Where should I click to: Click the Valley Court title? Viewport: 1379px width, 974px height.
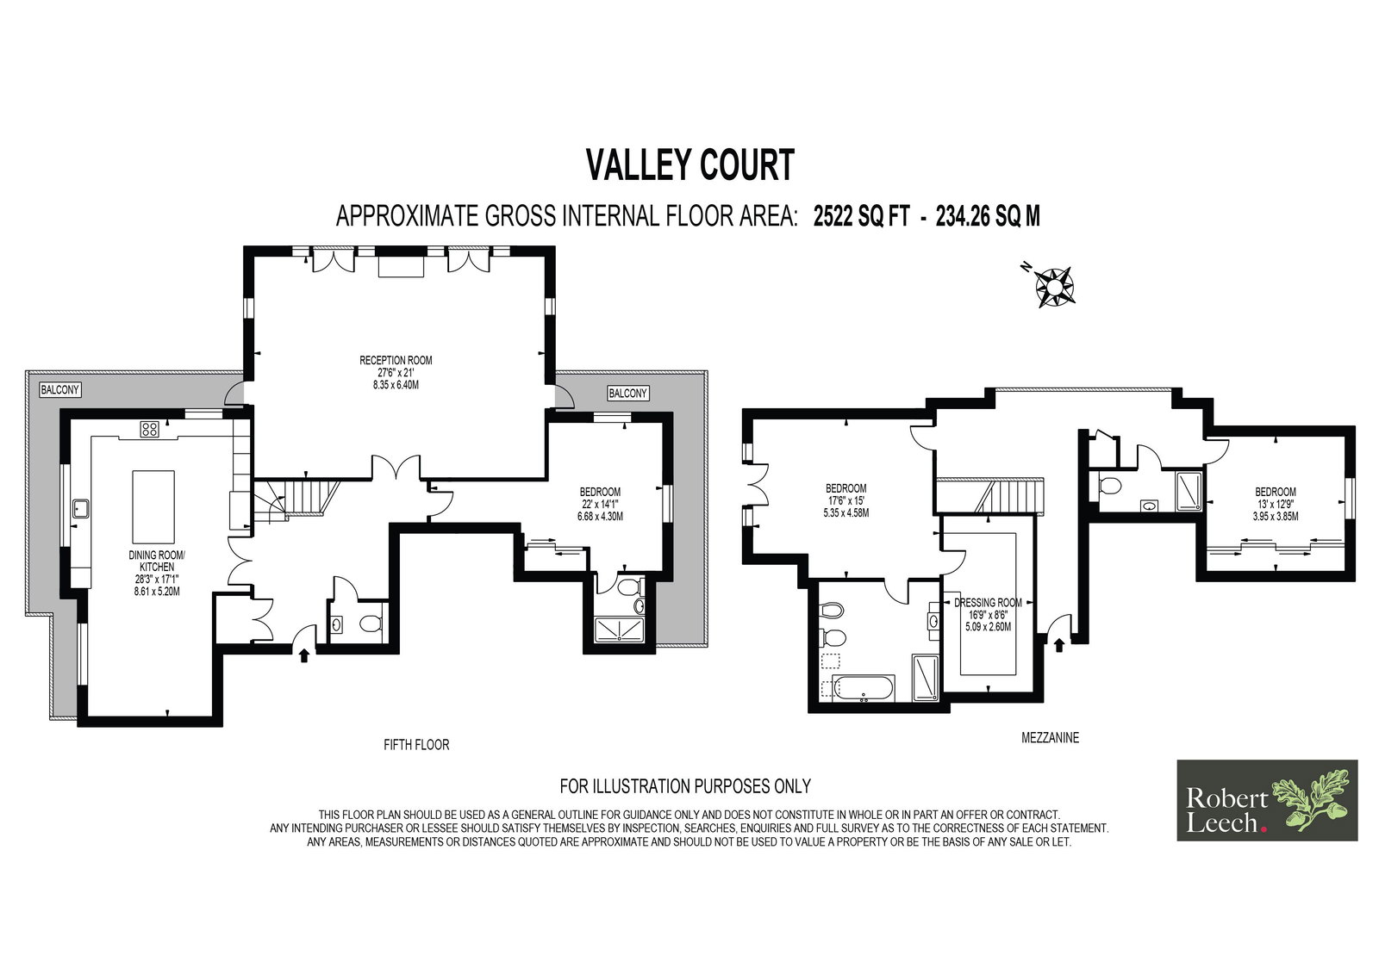[690, 164]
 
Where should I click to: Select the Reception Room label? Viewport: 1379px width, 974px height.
[396, 372]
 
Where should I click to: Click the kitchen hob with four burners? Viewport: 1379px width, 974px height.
[150, 429]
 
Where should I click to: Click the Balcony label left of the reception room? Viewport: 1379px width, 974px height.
[59, 389]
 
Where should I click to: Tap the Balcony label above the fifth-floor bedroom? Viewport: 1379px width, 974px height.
[628, 394]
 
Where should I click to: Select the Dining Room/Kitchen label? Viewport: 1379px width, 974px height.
[157, 573]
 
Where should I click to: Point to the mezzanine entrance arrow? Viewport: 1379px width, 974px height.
[1059, 645]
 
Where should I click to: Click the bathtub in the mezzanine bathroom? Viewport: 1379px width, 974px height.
[863, 688]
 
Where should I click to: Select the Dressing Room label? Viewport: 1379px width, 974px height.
[988, 615]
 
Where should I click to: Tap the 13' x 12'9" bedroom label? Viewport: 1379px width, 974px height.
[1276, 504]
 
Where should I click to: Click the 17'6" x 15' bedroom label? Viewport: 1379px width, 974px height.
[845, 500]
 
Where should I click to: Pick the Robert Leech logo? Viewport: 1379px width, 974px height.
[1267, 801]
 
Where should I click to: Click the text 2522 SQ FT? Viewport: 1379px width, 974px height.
[861, 216]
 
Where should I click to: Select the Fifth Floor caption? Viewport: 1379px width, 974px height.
[416, 745]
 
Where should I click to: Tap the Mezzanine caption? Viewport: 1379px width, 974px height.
[1051, 737]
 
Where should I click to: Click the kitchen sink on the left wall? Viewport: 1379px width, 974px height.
[81, 509]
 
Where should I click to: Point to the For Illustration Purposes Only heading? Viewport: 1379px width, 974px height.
[685, 785]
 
